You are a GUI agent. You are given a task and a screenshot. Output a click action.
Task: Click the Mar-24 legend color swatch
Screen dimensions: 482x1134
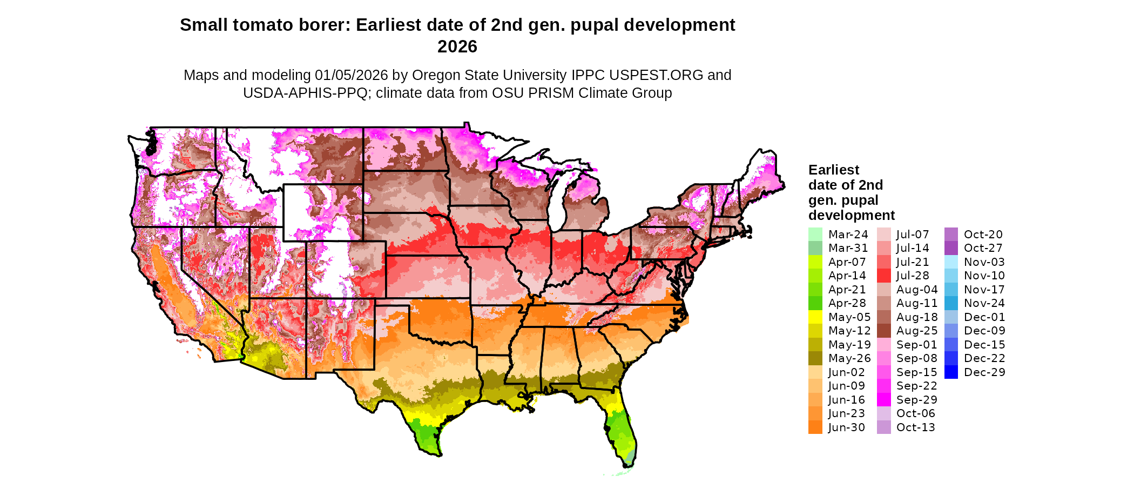[815, 235]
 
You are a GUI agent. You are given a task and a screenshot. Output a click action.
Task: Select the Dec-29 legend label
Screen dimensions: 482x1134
[984, 372]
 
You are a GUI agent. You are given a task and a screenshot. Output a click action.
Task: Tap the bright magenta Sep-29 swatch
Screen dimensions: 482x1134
[883, 400]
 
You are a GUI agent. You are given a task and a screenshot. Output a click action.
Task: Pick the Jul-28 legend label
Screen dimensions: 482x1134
[913, 276]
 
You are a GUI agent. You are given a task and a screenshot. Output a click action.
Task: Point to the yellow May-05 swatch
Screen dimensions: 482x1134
[815, 317]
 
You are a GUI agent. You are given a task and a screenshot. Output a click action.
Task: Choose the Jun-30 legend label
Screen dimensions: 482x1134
[846, 427]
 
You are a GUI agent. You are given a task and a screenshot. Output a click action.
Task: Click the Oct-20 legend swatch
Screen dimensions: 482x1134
[951, 235]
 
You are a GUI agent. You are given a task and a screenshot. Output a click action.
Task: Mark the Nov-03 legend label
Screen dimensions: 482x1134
[984, 262]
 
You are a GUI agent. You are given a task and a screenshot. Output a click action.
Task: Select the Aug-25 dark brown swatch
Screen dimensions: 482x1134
[883, 331]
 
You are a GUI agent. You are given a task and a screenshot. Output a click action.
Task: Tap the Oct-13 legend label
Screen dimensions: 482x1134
[915, 427]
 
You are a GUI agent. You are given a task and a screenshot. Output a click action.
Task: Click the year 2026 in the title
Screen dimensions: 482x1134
[457, 46]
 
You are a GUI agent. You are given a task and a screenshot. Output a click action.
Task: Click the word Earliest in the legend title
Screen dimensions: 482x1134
[833, 170]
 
